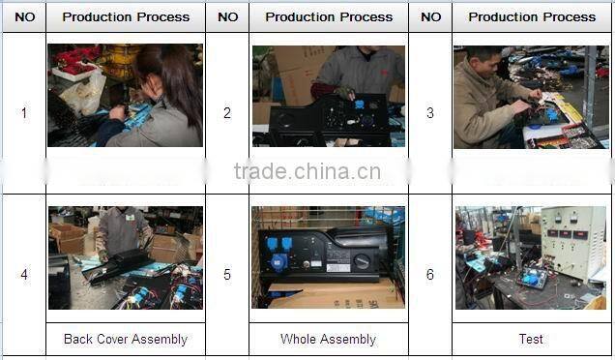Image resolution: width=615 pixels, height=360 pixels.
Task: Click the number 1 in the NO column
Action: [x=23, y=113]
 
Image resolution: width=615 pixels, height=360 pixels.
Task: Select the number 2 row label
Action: [x=227, y=113]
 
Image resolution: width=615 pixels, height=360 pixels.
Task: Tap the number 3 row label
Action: [x=430, y=113]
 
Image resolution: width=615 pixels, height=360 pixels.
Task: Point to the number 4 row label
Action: [x=23, y=275]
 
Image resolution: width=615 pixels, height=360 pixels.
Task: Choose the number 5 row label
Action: [x=227, y=275]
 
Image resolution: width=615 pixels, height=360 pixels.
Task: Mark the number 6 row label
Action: [x=430, y=275]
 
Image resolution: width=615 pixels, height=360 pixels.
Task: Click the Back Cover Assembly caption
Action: [x=126, y=339]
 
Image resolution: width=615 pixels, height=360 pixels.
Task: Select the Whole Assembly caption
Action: [x=328, y=339]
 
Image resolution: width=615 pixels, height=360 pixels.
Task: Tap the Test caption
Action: [x=531, y=339]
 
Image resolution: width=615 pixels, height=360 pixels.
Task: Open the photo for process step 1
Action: [x=125, y=96]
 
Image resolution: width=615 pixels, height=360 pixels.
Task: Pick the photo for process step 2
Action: [x=328, y=96]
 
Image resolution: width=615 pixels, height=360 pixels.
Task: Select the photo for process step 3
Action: [x=531, y=96]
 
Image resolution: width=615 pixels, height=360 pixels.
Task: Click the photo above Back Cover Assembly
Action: [x=125, y=257]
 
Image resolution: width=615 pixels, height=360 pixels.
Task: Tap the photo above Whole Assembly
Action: [x=328, y=257]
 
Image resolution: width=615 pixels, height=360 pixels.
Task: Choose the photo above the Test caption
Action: [x=531, y=257]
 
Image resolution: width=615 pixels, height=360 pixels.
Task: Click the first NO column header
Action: [x=24, y=16]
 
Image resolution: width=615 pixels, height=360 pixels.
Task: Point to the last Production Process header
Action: [x=532, y=16]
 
